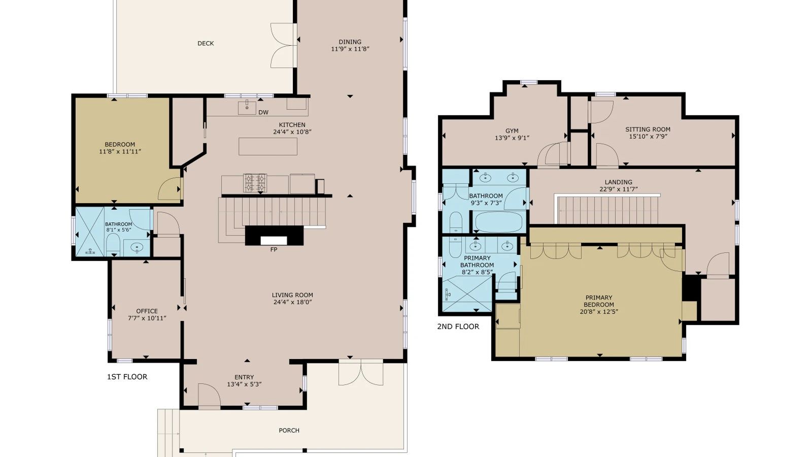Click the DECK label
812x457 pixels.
click(x=206, y=44)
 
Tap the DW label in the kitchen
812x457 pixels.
click(x=263, y=112)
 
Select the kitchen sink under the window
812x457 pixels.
click(x=247, y=108)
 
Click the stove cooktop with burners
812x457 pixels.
click(x=255, y=183)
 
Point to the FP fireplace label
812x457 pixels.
click(x=274, y=249)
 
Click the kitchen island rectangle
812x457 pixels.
click(x=268, y=147)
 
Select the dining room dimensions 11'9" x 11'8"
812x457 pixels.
click(x=350, y=49)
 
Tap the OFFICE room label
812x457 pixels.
click(x=147, y=311)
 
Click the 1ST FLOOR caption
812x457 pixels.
click(x=127, y=377)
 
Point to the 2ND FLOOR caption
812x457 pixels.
click(x=458, y=327)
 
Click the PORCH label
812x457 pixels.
click(x=289, y=431)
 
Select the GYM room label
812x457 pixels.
click(x=512, y=131)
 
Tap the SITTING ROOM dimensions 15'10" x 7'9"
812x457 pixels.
click(x=648, y=137)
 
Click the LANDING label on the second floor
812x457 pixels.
click(x=619, y=182)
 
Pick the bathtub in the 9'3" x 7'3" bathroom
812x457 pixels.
click(x=499, y=221)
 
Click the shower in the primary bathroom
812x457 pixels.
click(x=467, y=294)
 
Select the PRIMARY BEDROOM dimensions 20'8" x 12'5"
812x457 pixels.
click(x=599, y=312)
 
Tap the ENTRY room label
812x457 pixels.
click(x=244, y=377)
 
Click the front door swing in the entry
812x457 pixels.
click(x=210, y=396)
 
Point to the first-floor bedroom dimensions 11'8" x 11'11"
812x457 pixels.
click(x=120, y=152)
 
